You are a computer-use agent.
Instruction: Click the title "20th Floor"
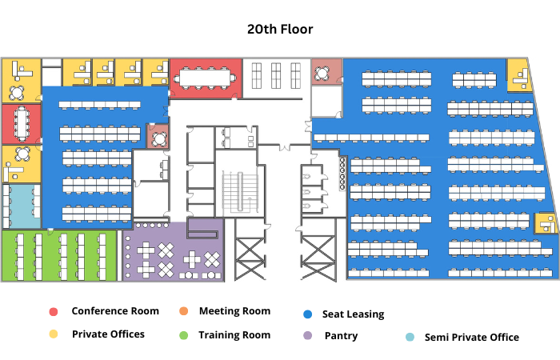pyautogui.click(x=280, y=30)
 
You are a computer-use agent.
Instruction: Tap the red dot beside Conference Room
pyautogui.click(x=54, y=312)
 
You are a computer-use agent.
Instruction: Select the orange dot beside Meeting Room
pyautogui.click(x=183, y=311)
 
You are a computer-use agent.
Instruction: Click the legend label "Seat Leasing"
pyautogui.click(x=353, y=314)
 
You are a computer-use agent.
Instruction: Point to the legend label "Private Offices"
pyautogui.click(x=108, y=334)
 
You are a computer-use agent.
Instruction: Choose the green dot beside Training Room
pyautogui.click(x=183, y=335)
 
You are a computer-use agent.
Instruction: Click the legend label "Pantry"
pyautogui.click(x=341, y=336)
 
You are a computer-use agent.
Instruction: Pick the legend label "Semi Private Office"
pyautogui.click(x=471, y=337)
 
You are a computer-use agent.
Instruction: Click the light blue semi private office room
pyautogui.click(x=22, y=206)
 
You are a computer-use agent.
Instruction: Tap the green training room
pyautogui.click(x=59, y=256)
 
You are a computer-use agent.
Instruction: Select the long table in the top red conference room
pyautogui.click(x=205, y=78)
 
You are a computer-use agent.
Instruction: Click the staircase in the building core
pyautogui.click(x=240, y=192)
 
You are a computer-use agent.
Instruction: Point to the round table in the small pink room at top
pyautogui.click(x=322, y=74)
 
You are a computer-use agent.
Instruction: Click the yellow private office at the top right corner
pyautogui.click(x=518, y=75)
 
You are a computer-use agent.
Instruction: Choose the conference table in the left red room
pyautogui.click(x=22, y=124)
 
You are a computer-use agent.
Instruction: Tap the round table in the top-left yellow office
pyautogui.click(x=17, y=93)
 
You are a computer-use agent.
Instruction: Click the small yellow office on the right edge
pyautogui.click(x=546, y=223)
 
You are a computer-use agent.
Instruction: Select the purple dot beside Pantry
pyautogui.click(x=307, y=336)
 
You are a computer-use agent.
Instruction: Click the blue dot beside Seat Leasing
pyautogui.click(x=307, y=314)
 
